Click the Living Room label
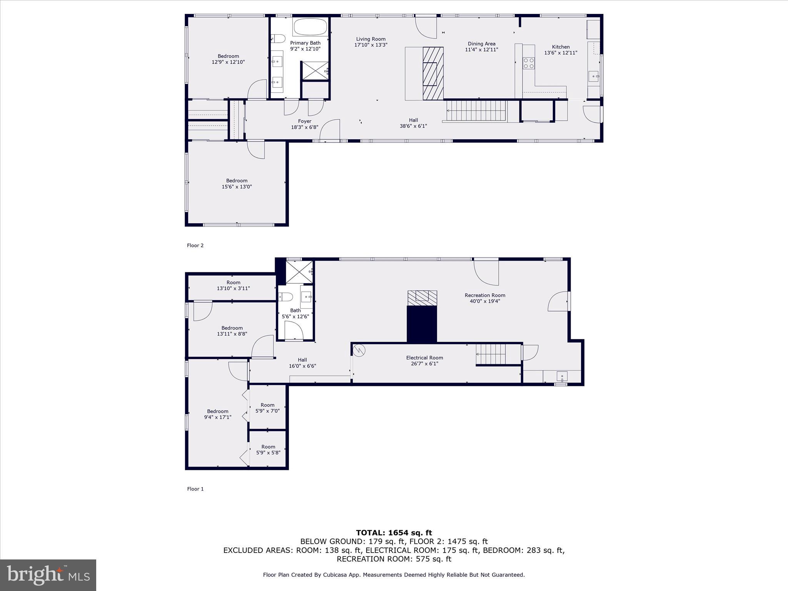pos(371,39)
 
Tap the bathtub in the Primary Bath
pos(310,27)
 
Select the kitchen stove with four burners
pos(529,63)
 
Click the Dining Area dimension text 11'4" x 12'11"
pos(481,50)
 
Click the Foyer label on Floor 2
pos(304,121)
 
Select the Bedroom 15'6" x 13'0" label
pos(237,184)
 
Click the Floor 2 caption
pos(195,245)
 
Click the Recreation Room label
pos(485,295)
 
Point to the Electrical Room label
pos(424,357)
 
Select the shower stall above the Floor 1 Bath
pos(299,272)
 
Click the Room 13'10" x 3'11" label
pos(233,285)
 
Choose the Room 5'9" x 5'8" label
pos(268,449)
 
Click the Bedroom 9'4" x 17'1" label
pos(217,414)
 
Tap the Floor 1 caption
pos(195,489)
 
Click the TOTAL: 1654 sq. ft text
pos(394,533)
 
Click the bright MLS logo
pos(48,575)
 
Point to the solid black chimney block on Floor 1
pos(422,324)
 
